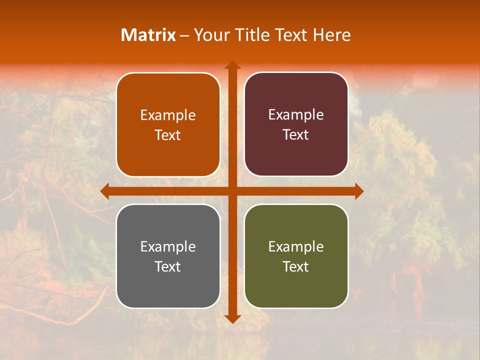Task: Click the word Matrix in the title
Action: (148, 35)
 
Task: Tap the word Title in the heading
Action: (254, 35)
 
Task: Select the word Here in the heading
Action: (331, 35)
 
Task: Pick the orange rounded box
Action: (168, 124)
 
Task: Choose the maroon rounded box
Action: (296, 124)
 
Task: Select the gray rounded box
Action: (168, 256)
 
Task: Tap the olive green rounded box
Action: (296, 256)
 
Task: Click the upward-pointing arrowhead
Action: (232, 65)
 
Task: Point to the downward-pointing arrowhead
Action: (232, 318)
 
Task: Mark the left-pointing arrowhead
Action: (105, 191)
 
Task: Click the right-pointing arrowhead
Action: (358, 191)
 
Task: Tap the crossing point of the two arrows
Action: (232, 191)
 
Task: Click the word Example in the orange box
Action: (168, 115)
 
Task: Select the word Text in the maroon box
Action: (296, 135)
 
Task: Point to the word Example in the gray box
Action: (168, 246)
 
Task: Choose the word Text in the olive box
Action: (296, 266)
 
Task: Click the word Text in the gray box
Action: (168, 266)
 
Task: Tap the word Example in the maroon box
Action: (296, 115)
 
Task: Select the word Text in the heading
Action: (293, 35)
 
